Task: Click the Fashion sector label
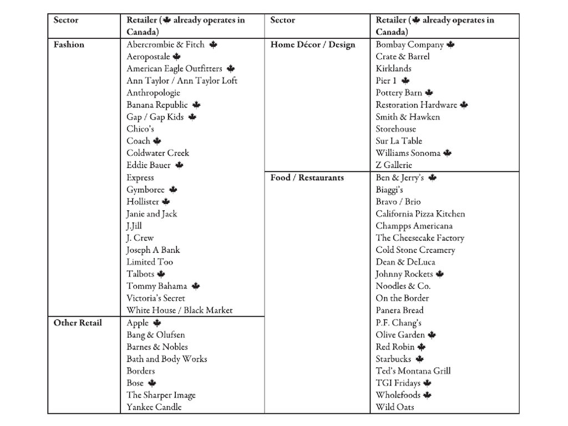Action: pyautogui.click(x=69, y=44)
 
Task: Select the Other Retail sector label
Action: pyautogui.click(x=78, y=323)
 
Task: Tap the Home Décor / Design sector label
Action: pyautogui.click(x=313, y=44)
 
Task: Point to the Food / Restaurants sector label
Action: pyautogui.click(x=307, y=177)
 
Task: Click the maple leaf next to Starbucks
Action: pyautogui.click(x=420, y=359)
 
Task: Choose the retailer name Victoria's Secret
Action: pyautogui.click(x=156, y=298)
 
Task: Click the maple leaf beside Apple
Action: pyautogui.click(x=157, y=323)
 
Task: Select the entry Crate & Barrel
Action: pyautogui.click(x=402, y=57)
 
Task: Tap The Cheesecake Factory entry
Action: pyautogui.click(x=420, y=238)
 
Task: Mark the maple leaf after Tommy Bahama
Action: pyautogui.click(x=195, y=286)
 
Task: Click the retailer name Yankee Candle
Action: pyautogui.click(x=154, y=407)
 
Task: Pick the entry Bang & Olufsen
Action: pyautogui.click(x=156, y=335)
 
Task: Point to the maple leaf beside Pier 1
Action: pyautogui.click(x=405, y=81)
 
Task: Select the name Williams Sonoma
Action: pyautogui.click(x=408, y=153)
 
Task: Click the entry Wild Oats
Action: pyautogui.click(x=394, y=407)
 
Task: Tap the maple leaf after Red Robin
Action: pyautogui.click(x=422, y=347)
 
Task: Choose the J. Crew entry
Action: pyautogui.click(x=140, y=238)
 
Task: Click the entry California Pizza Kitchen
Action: pyautogui.click(x=420, y=214)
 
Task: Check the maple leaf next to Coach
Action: pyautogui.click(x=157, y=141)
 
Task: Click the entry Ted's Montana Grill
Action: pyautogui.click(x=413, y=371)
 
